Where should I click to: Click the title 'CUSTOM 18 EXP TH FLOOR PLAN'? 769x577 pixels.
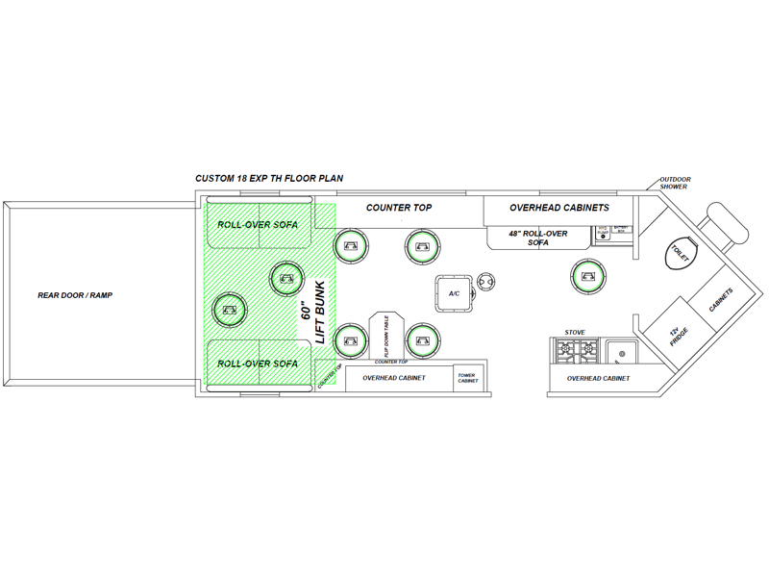269,179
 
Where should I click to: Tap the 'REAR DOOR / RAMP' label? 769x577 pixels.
75,295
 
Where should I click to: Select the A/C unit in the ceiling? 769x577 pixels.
454,293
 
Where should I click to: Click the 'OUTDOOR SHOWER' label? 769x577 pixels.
674,183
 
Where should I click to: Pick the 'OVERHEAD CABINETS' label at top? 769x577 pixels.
558,208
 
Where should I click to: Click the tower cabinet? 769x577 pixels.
467,378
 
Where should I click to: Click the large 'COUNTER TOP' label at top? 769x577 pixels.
399,208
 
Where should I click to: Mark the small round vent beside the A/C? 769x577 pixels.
487,282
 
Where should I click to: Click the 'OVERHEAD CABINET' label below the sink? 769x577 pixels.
598,379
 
